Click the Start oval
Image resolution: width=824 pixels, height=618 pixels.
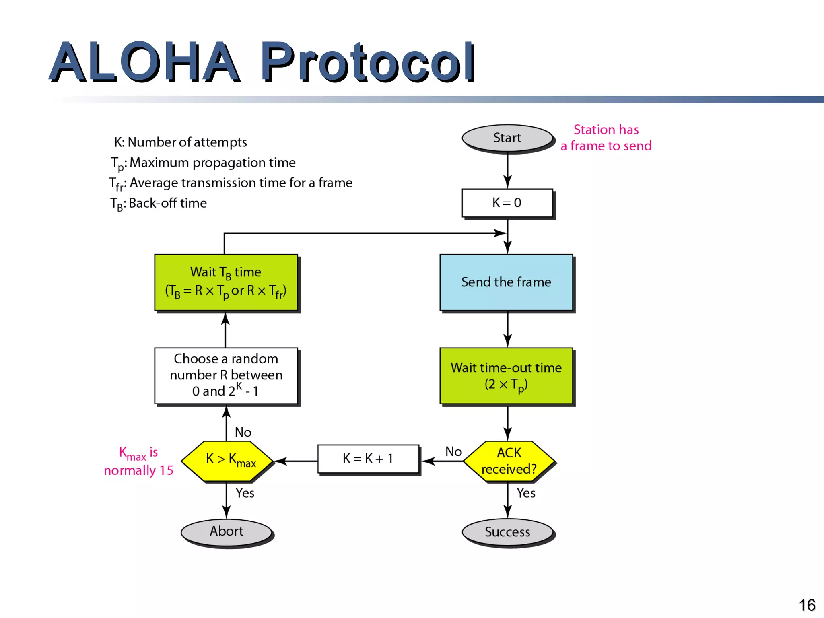click(507, 138)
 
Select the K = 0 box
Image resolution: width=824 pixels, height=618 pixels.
click(507, 203)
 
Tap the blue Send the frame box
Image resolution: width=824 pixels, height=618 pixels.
click(506, 282)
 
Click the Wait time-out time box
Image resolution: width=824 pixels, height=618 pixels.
click(506, 376)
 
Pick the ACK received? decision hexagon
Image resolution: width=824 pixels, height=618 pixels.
click(509, 461)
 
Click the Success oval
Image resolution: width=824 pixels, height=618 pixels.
click(507, 532)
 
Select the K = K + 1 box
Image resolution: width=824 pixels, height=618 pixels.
click(368, 459)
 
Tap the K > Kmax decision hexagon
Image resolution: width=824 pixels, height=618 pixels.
click(227, 461)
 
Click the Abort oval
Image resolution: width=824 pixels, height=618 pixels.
click(226, 531)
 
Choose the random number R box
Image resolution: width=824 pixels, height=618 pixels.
click(226, 375)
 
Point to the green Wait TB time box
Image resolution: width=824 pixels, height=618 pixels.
click(226, 282)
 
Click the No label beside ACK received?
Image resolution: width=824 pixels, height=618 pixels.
click(453, 451)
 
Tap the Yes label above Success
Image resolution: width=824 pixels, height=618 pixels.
click(526, 493)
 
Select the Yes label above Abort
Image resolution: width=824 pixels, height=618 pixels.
click(245, 493)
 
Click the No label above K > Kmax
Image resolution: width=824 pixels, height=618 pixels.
click(243, 432)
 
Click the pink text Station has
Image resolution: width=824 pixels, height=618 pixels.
click(606, 130)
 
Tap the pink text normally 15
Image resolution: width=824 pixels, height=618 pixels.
click(138, 470)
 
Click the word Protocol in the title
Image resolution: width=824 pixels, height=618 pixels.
click(368, 62)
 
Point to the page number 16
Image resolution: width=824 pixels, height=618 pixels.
click(807, 605)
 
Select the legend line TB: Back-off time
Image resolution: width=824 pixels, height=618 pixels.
click(159, 204)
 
